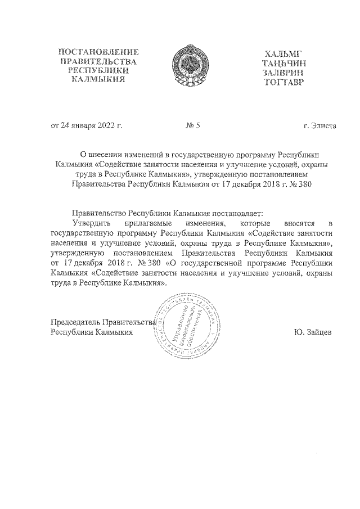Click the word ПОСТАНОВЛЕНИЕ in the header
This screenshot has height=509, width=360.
pyautogui.click(x=98, y=52)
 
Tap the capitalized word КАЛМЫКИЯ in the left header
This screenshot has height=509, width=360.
pyautogui.click(x=98, y=80)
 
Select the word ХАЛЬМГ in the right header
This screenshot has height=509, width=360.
pyautogui.click(x=282, y=54)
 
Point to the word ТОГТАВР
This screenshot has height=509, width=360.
pyautogui.click(x=282, y=82)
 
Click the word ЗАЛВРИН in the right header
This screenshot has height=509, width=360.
pyautogui.click(x=282, y=73)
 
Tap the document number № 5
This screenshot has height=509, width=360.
pyautogui.click(x=193, y=125)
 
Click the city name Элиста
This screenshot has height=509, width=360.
pyautogui.click(x=323, y=125)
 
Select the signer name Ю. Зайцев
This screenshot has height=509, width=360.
pyautogui.click(x=312, y=332)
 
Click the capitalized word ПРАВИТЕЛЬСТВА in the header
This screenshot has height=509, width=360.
pyautogui.click(x=98, y=61)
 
